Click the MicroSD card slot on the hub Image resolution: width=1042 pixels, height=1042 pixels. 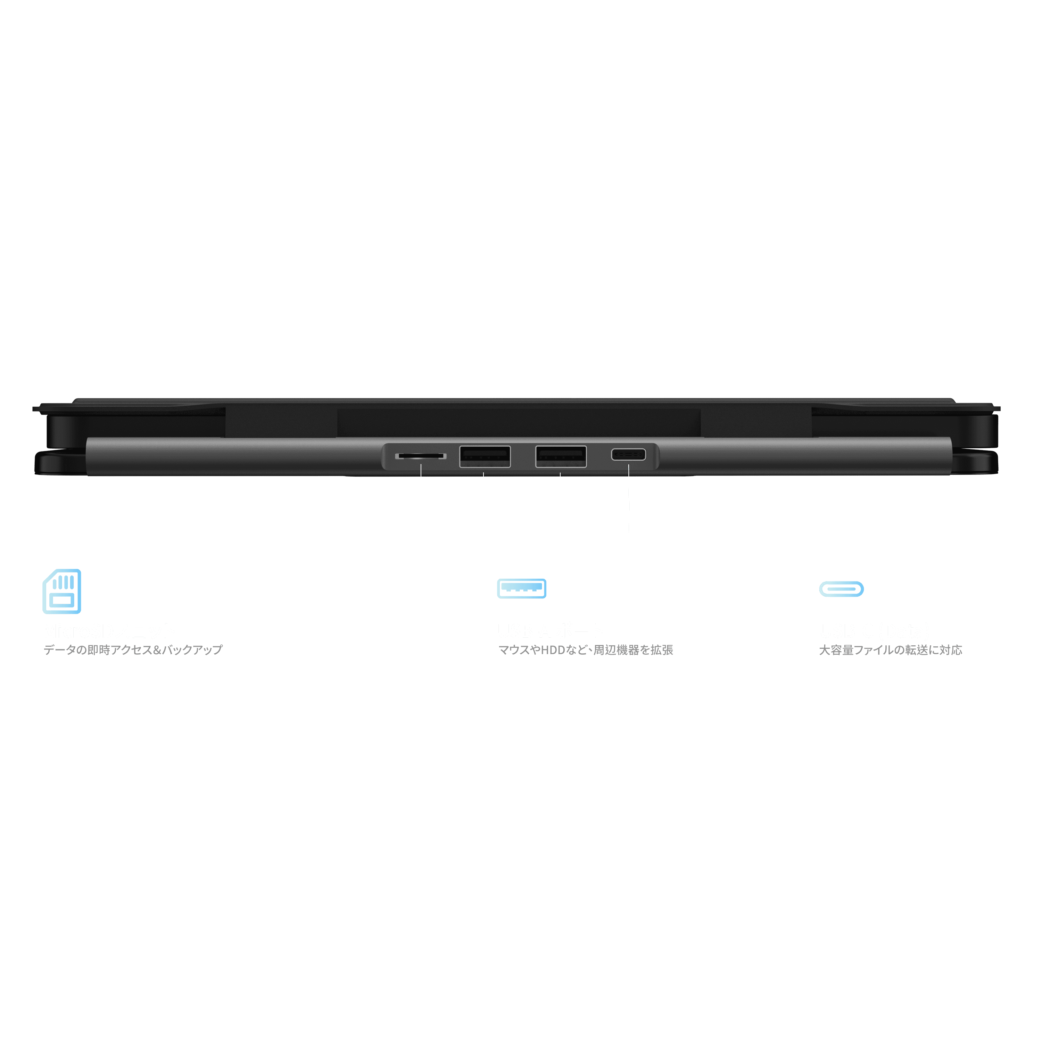pyautogui.click(x=421, y=456)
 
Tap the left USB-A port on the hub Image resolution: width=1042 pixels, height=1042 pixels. pyautogui.click(x=485, y=456)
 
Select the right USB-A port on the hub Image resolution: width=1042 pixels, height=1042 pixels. pyautogui.click(x=561, y=456)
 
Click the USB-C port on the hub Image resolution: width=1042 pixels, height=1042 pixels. pyautogui.click(x=628, y=454)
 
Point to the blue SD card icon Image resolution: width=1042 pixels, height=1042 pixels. pyautogui.click(x=62, y=591)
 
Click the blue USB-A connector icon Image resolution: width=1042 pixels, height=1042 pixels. pyautogui.click(x=522, y=588)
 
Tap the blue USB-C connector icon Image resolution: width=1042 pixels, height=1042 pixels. pyautogui.click(x=841, y=589)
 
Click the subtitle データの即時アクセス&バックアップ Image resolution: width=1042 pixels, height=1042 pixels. pyautogui.click(x=133, y=650)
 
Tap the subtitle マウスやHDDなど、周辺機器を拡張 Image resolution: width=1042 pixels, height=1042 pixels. pyautogui.click(x=586, y=650)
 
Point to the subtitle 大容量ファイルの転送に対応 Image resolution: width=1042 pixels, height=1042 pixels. pyautogui.click(x=891, y=650)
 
